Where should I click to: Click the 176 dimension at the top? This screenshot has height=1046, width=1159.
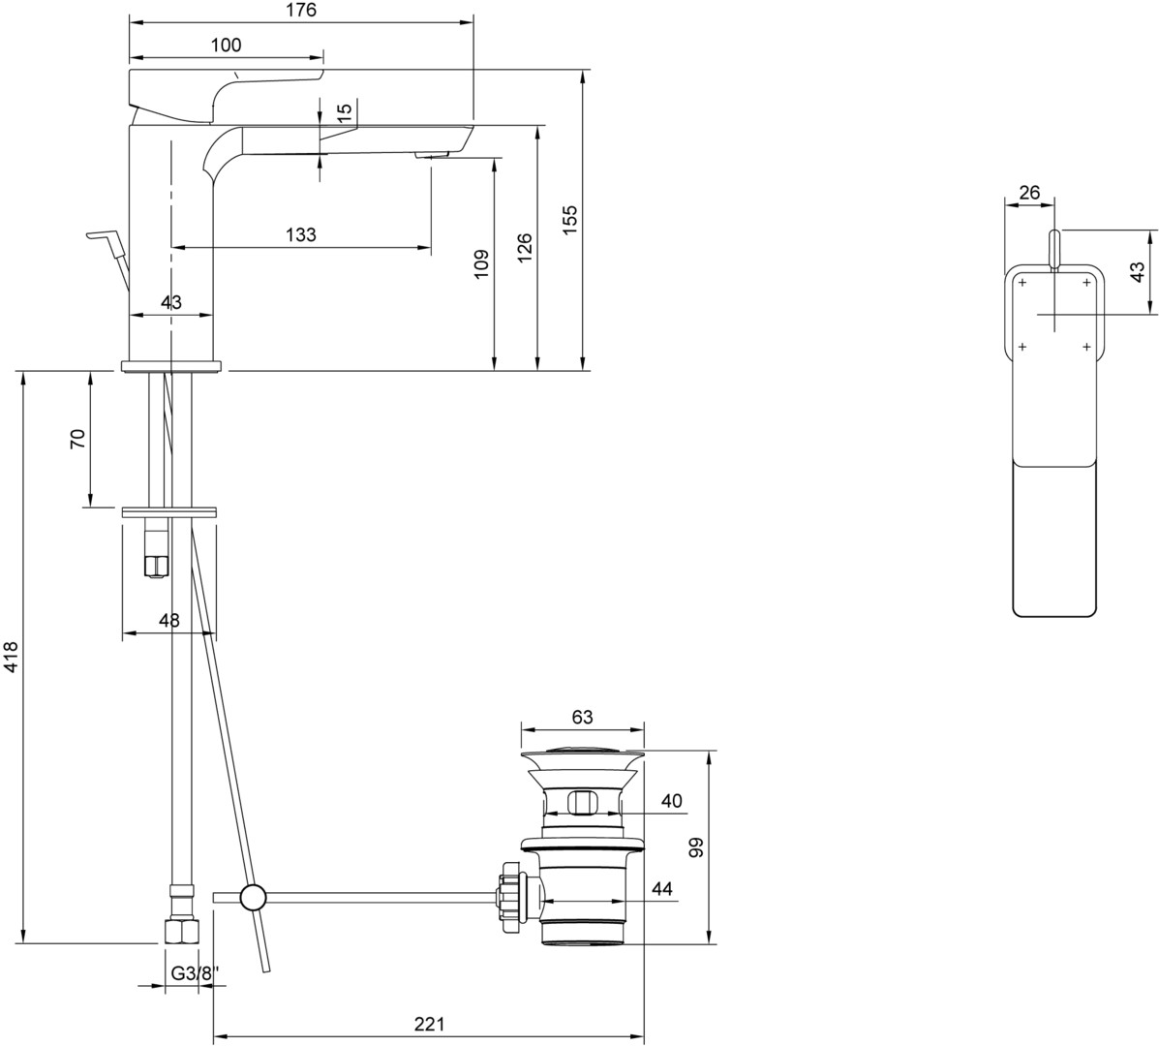(x=301, y=11)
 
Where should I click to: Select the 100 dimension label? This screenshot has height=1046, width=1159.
(x=226, y=46)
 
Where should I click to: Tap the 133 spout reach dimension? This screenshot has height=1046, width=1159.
(x=301, y=235)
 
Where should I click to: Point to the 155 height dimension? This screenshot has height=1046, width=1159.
(x=570, y=220)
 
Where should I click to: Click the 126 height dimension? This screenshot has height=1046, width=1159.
(x=523, y=249)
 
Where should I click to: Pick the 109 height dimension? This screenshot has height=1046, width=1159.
(x=480, y=263)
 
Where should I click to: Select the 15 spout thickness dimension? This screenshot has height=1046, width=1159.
(x=345, y=112)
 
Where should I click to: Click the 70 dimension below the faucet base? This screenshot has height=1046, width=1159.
(x=77, y=439)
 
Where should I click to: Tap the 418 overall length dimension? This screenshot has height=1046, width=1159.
(x=11, y=657)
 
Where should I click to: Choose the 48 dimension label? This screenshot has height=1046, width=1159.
(x=169, y=620)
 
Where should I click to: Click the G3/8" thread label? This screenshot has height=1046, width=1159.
(x=191, y=974)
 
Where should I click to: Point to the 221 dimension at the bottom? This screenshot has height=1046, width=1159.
(x=430, y=1024)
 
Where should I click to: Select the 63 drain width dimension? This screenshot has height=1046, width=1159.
(x=583, y=717)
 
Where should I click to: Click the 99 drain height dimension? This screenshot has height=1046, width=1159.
(x=695, y=847)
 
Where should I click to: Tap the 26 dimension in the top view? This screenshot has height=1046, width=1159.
(x=1029, y=193)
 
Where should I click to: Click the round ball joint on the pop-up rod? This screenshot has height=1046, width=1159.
(x=253, y=898)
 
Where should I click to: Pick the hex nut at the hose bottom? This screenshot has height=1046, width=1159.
(x=181, y=932)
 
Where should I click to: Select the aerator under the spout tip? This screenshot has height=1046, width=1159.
(x=432, y=155)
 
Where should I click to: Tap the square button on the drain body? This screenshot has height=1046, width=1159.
(x=583, y=802)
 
